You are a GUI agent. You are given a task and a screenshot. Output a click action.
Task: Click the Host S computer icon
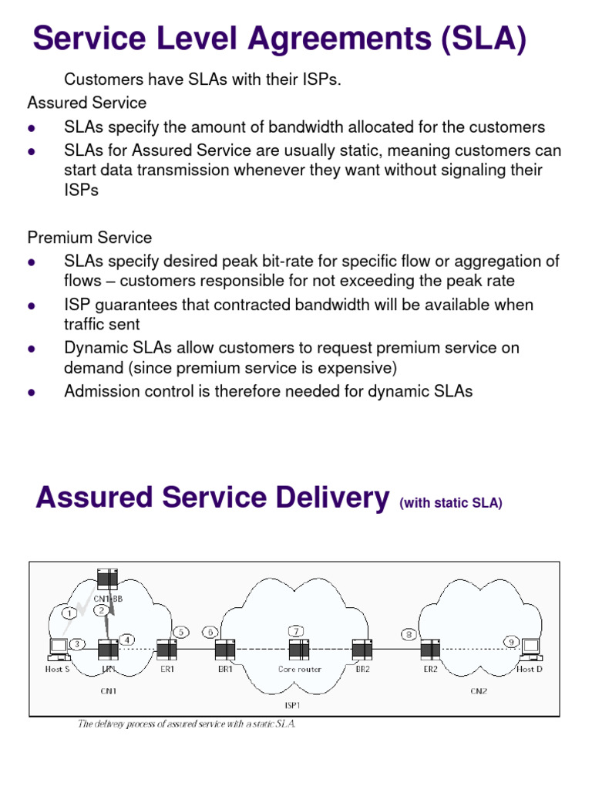tap(58, 650)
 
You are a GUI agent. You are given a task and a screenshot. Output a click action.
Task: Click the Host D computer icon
tap(530, 650)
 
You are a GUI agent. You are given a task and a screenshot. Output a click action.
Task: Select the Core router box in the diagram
tap(299, 650)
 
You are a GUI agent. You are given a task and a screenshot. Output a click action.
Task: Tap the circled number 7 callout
tap(295, 631)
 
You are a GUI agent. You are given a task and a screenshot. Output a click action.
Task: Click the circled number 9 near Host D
tap(511, 640)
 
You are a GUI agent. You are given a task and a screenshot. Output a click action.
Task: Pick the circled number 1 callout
tap(69, 613)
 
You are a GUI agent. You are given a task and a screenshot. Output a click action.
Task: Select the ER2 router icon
tap(430, 650)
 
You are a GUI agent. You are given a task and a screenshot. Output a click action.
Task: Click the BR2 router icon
tap(362, 650)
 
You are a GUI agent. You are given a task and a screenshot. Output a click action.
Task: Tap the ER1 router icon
tap(166, 650)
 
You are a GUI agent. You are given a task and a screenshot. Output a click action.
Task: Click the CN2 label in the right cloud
tap(479, 690)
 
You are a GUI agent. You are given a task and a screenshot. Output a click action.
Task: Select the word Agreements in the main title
tap(308, 39)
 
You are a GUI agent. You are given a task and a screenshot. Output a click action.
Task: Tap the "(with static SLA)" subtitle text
tap(451, 504)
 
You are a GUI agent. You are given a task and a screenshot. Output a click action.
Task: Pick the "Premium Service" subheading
tap(90, 238)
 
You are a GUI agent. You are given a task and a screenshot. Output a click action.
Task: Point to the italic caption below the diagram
tap(187, 724)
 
